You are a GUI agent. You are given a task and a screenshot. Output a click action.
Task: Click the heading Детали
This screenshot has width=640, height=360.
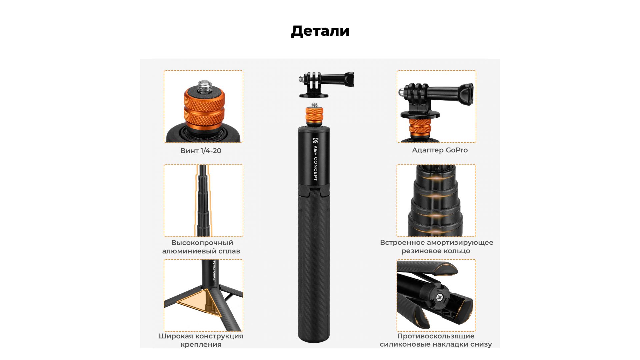pyautogui.click(x=320, y=31)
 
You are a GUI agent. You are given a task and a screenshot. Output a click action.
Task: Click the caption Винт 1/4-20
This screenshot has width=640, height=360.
pyautogui.click(x=201, y=151)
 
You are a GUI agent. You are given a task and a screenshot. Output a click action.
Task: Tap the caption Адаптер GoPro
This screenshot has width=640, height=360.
pyautogui.click(x=440, y=150)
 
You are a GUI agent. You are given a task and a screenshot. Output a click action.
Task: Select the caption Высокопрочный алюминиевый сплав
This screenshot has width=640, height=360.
pyautogui.click(x=201, y=247)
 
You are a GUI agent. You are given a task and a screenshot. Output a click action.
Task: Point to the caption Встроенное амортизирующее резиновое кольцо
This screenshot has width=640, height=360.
pyautogui.click(x=436, y=247)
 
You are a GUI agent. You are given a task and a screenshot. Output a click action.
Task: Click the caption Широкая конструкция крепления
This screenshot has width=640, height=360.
pyautogui.click(x=201, y=340)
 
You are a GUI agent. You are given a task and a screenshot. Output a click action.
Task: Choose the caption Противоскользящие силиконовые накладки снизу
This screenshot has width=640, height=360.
pyautogui.click(x=436, y=340)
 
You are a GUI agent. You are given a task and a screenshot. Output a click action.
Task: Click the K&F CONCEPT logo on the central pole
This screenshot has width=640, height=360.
pyautogui.click(x=315, y=159)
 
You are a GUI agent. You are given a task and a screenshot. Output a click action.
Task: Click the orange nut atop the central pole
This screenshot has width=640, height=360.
pyautogui.click(x=314, y=115)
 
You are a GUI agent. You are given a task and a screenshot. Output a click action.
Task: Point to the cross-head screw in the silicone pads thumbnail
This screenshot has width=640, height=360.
pyautogui.click(x=440, y=297)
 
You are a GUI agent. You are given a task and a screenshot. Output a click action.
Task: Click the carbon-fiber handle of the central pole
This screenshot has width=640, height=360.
pyautogui.click(x=314, y=265)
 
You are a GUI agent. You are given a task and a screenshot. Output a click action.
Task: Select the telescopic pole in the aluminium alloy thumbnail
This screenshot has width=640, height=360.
pyautogui.click(x=203, y=200)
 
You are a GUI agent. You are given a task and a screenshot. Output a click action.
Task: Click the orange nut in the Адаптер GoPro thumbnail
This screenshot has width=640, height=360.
pyautogui.click(x=420, y=127)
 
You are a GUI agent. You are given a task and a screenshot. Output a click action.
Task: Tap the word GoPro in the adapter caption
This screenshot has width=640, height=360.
pyautogui.click(x=457, y=150)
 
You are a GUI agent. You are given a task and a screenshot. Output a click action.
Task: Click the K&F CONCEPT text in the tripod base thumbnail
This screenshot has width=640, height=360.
pyautogui.click(x=214, y=272)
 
